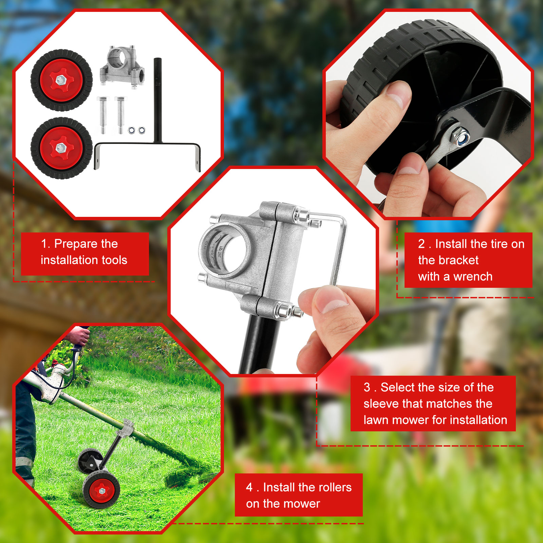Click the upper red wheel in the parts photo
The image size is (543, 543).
[61, 80]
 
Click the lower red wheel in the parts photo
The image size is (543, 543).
[61, 148]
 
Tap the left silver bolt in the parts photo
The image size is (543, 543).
[102, 115]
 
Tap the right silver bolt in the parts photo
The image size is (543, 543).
[120, 115]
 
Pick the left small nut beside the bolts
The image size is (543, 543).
[132, 130]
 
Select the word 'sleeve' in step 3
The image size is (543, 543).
[381, 404]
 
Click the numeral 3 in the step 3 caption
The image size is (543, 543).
[367, 387]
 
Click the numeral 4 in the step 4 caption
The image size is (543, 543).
[249, 487]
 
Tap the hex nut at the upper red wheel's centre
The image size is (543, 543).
[61, 80]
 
